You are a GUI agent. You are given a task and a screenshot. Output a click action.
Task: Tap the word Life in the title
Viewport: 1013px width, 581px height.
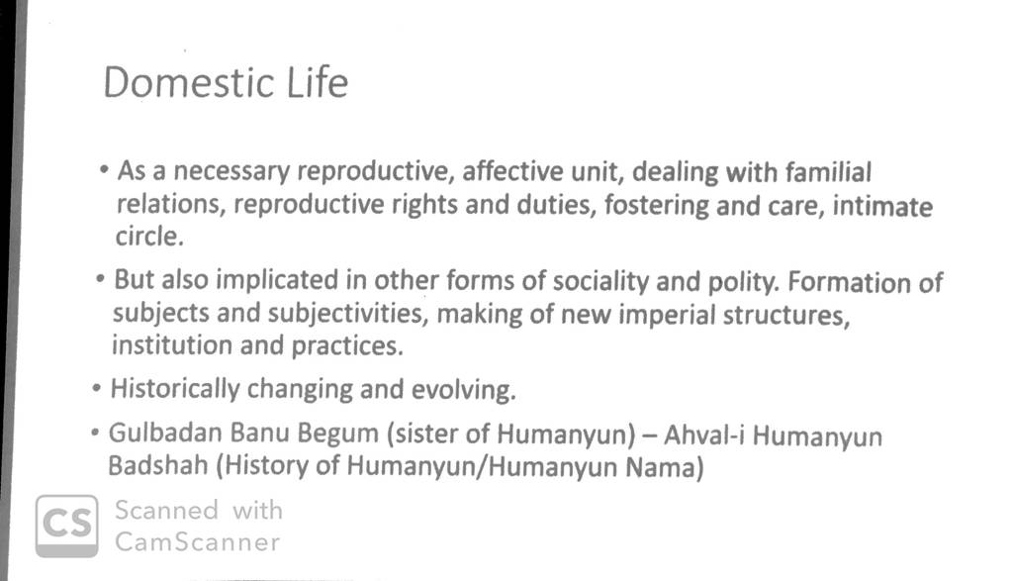pyautogui.click(x=318, y=82)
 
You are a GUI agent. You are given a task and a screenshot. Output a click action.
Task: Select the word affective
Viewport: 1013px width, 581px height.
pyautogui.click(x=512, y=172)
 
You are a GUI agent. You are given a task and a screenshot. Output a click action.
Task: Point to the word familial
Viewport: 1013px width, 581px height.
pyautogui.click(x=828, y=172)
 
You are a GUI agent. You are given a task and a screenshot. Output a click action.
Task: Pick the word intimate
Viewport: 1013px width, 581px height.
pyautogui.click(x=882, y=206)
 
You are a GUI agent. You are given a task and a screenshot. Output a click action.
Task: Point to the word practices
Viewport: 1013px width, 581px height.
pyautogui.click(x=347, y=346)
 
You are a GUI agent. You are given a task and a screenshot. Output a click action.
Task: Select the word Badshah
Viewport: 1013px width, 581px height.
pyautogui.click(x=158, y=465)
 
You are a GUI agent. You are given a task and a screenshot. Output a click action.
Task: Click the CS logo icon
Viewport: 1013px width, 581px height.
pyautogui.click(x=67, y=526)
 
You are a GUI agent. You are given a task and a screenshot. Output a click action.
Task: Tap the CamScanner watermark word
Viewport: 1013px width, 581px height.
pyautogui.click(x=198, y=542)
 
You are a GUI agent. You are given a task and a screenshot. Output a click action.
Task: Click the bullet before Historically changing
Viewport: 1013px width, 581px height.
pyautogui.click(x=97, y=389)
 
